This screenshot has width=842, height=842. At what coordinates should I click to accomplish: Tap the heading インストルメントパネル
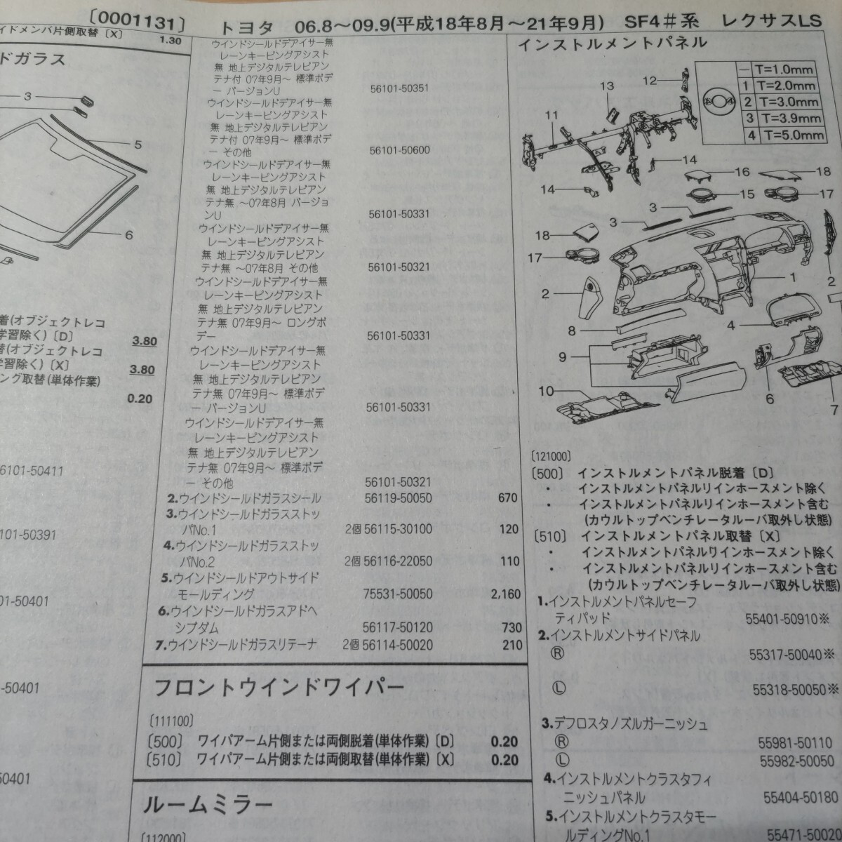[x=612, y=44]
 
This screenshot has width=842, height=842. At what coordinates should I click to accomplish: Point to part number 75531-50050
[x=398, y=594]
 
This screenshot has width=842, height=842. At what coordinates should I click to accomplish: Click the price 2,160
[x=506, y=594]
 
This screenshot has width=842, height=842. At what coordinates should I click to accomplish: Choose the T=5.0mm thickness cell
[x=790, y=135]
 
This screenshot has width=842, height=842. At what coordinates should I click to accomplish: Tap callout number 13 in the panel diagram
[x=606, y=86]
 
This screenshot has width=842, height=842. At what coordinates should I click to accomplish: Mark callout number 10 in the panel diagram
[x=546, y=390]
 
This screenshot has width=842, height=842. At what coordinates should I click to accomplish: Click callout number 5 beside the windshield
[x=138, y=145]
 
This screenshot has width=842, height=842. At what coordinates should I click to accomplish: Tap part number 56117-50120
[x=398, y=627]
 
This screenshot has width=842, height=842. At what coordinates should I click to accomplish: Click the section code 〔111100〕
[x=172, y=721]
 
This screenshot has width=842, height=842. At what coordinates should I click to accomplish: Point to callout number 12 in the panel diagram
[x=650, y=80]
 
